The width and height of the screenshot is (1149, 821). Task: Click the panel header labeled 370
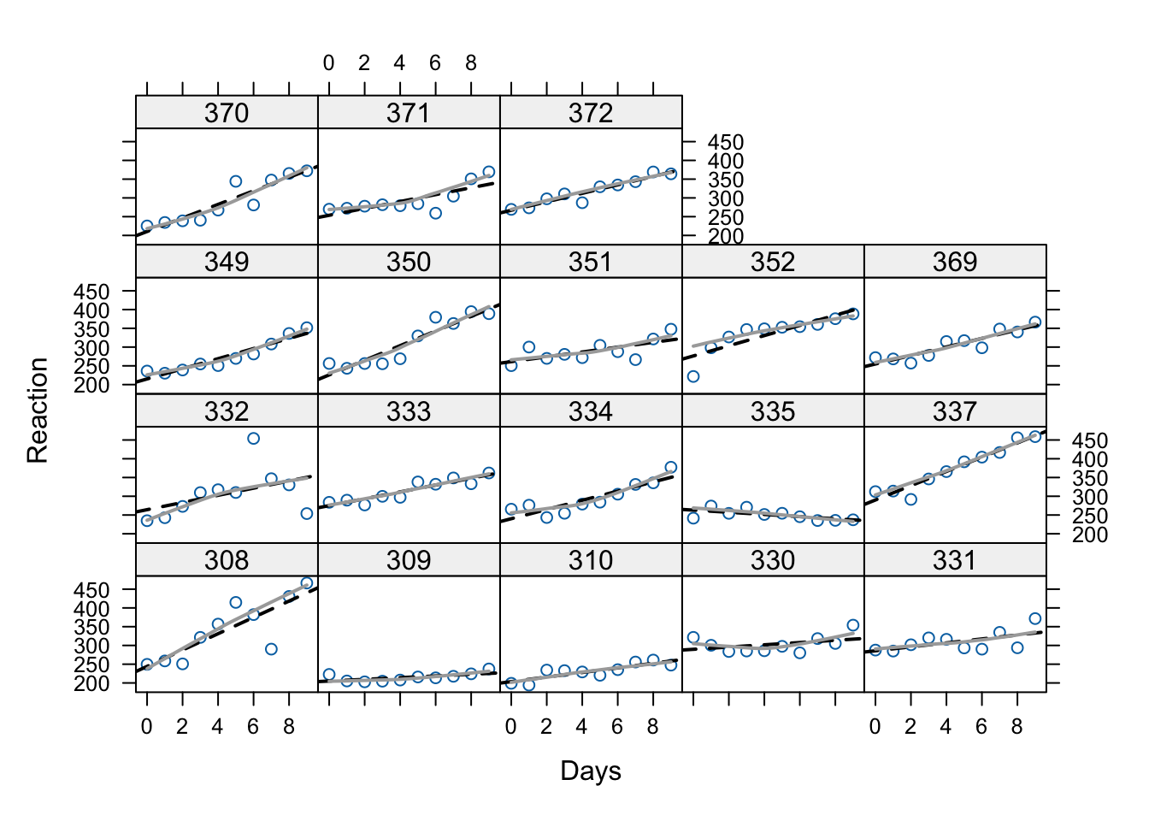pyautogui.click(x=227, y=113)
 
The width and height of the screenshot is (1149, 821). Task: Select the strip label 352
pyautogui.click(x=773, y=262)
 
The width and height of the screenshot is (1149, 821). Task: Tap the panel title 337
pyautogui.click(x=955, y=411)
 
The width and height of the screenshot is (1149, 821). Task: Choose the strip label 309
pyautogui.click(x=409, y=560)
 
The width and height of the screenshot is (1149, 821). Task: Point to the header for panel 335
pyautogui.click(x=773, y=411)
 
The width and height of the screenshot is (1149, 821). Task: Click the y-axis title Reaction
pyautogui.click(x=38, y=410)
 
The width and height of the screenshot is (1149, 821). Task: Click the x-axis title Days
pyautogui.click(x=591, y=771)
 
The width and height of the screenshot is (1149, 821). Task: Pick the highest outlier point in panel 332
pyautogui.click(x=253, y=439)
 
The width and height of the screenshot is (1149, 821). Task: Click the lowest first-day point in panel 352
pyautogui.click(x=693, y=376)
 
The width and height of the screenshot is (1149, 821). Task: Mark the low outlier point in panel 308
pyautogui.click(x=271, y=649)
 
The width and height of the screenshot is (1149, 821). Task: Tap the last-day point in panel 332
pyautogui.click(x=307, y=513)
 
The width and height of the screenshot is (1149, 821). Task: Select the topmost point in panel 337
pyautogui.click(x=1034, y=436)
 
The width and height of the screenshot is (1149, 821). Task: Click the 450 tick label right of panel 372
pyautogui.click(x=726, y=143)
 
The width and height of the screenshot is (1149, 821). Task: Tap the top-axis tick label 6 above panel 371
pyautogui.click(x=435, y=63)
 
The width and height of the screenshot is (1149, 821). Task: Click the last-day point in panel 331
pyautogui.click(x=1034, y=618)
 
